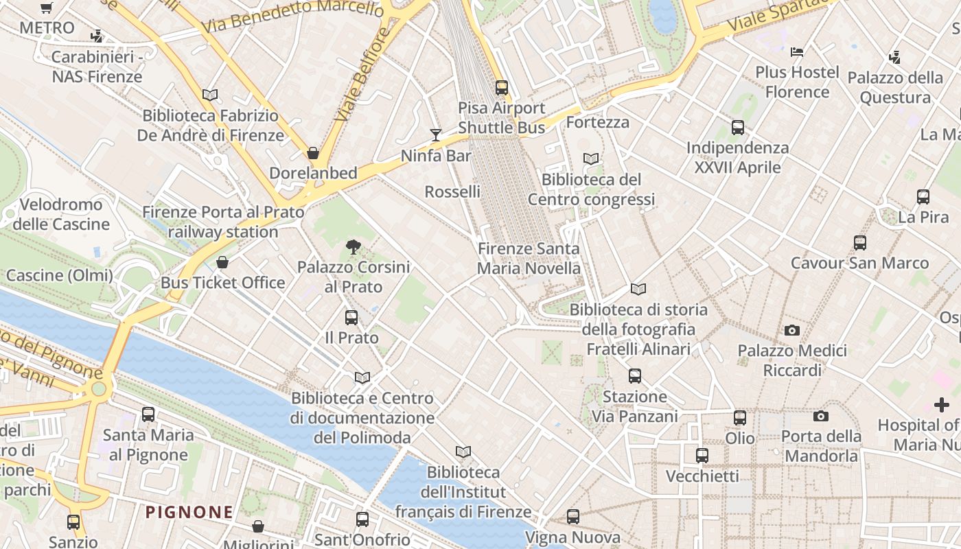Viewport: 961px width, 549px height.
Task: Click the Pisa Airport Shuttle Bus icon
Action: coord(502,88)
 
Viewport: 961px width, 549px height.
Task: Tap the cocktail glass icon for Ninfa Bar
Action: coord(435,135)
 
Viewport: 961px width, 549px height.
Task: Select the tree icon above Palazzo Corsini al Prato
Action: coord(353,246)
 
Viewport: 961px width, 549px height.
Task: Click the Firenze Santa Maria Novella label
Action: coord(529,259)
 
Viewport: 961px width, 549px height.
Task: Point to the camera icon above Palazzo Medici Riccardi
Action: coord(792,330)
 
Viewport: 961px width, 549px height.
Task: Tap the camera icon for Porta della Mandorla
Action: coord(820,416)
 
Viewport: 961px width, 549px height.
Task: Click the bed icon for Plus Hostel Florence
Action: coord(797,51)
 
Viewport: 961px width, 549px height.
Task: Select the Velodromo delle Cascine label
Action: coord(61,214)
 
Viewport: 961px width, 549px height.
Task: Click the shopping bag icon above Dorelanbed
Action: coord(313,153)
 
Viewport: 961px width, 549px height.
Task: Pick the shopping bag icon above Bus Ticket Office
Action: coord(222,262)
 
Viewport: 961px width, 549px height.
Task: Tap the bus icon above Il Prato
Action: coord(351,317)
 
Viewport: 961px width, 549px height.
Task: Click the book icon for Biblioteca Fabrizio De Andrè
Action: coord(210,95)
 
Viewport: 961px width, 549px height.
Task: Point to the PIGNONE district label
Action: coord(189,512)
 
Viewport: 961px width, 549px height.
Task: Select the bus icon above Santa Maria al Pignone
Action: coord(148,414)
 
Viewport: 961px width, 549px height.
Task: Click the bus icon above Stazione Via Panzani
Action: coord(635,376)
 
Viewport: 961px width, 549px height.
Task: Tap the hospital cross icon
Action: coord(942,405)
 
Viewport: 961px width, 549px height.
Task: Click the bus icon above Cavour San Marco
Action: coord(860,242)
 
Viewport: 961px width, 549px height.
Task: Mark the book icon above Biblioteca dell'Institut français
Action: coord(463,452)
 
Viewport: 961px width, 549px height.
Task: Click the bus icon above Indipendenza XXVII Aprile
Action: coord(738,127)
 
